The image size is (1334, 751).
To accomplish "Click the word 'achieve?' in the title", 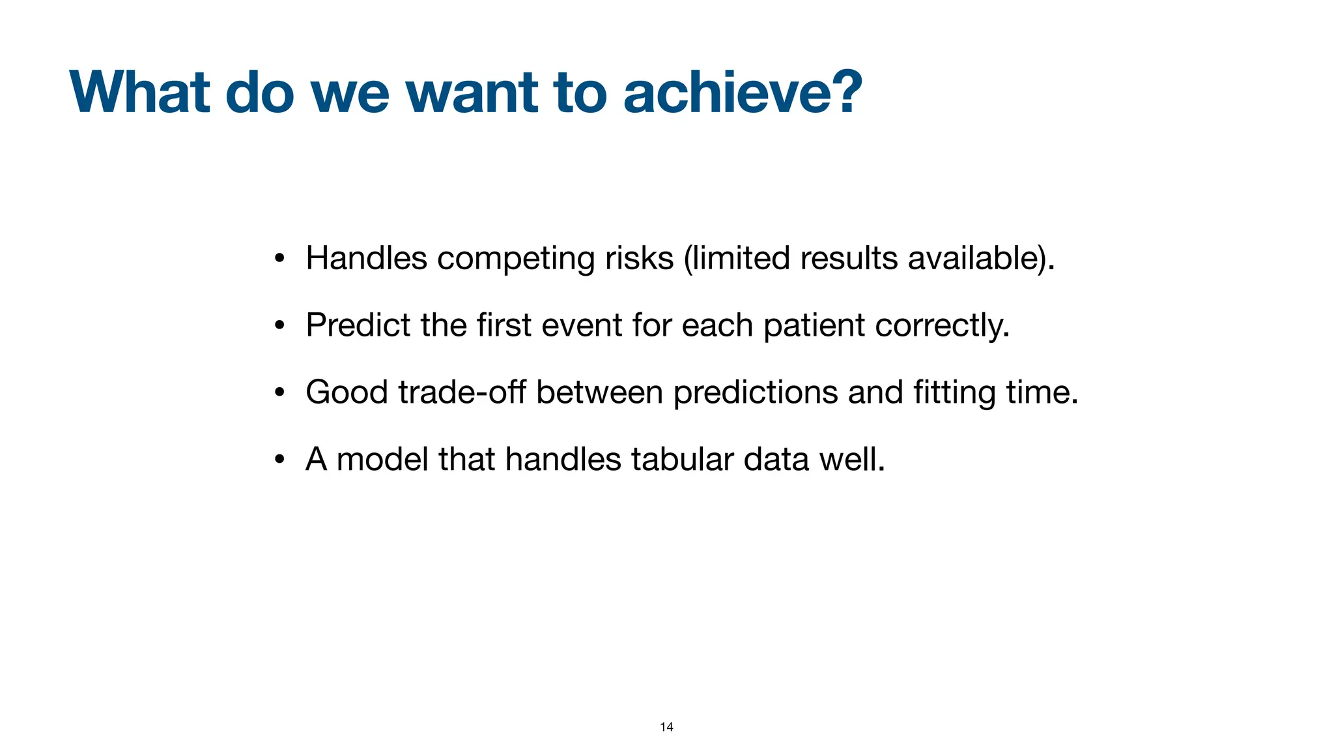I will pos(743,93).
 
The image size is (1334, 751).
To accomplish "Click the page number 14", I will pos(666,727).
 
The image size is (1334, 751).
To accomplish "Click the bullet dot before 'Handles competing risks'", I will pos(279,259).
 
